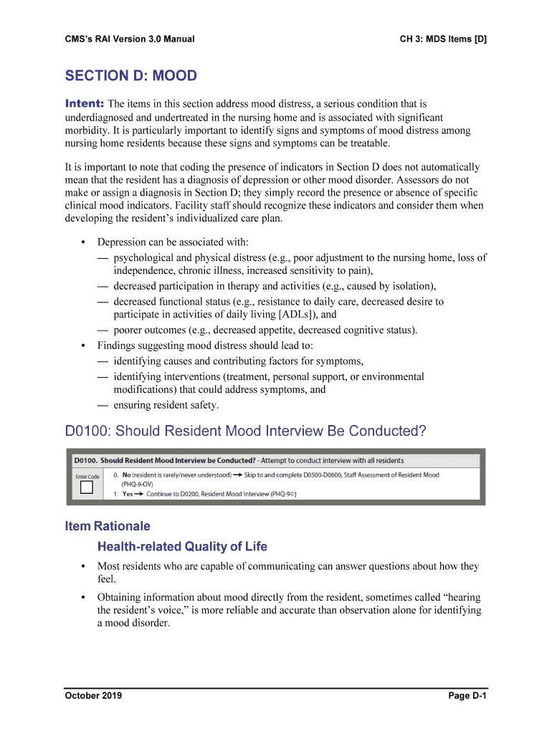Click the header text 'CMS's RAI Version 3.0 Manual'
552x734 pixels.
(129, 39)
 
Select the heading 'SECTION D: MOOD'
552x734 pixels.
(130, 76)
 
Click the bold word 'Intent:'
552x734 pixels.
(85, 104)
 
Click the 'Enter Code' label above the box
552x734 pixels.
(87, 477)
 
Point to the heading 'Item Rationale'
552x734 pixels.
(108, 526)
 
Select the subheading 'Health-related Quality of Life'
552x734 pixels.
(182, 547)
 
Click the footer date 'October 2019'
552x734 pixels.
(93, 695)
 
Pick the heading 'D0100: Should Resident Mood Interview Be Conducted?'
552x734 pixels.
(245, 432)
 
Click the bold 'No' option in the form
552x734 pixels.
(127, 475)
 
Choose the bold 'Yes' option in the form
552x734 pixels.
(128, 494)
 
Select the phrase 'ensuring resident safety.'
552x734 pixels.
(166, 405)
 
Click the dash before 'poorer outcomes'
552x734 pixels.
(103, 330)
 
